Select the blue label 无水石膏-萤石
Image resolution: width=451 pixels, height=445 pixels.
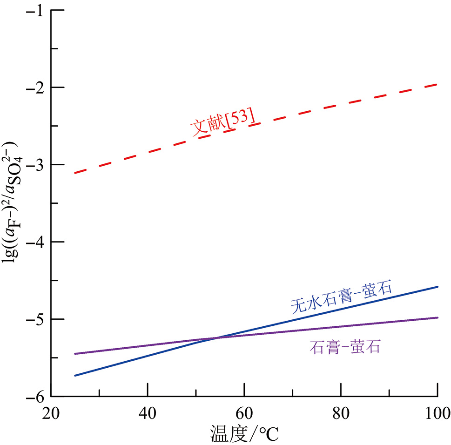(341, 297)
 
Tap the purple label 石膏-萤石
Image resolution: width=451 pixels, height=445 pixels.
(345, 347)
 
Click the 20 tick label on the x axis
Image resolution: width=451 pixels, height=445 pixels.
(51, 412)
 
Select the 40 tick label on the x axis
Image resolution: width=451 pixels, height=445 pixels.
(148, 412)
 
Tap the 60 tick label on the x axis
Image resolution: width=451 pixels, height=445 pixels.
(244, 412)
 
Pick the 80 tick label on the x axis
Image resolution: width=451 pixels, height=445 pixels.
(341, 412)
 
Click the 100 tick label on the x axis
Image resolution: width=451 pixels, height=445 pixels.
(437, 412)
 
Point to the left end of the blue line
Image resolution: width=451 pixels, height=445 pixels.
(74, 376)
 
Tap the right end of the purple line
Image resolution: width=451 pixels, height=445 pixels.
(438, 317)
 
